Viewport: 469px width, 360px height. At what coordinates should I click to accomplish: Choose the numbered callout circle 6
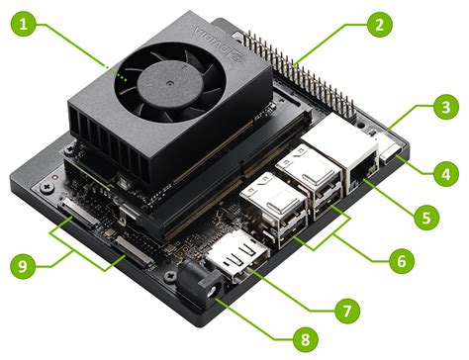pyautogui.click(x=399, y=263)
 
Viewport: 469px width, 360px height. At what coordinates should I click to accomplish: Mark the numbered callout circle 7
pyautogui.click(x=344, y=309)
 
